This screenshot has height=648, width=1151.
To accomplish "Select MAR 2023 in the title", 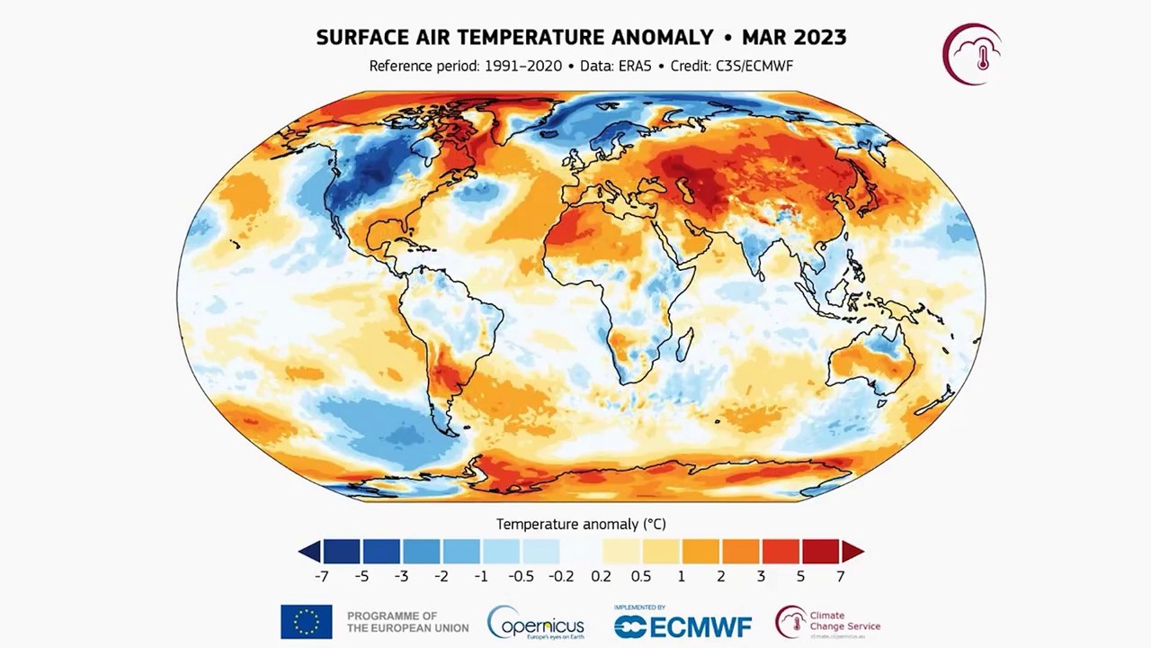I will (794, 38).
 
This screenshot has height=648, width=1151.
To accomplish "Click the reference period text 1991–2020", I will (521, 66).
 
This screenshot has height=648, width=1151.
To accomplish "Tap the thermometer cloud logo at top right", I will (972, 54).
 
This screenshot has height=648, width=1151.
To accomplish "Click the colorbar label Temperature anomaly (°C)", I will (581, 524).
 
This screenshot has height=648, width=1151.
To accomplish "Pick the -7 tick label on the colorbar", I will (322, 576).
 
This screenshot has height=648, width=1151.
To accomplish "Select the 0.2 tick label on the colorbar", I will (601, 576).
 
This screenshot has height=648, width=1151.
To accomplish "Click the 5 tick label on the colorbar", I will (800, 576).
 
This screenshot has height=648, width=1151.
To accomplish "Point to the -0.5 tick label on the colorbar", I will (521, 576).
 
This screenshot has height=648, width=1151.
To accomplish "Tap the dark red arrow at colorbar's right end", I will (852, 552).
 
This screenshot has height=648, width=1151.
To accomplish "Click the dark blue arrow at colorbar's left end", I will (309, 552).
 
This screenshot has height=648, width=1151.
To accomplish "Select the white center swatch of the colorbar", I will (581, 552).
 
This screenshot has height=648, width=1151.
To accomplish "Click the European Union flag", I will (306, 621).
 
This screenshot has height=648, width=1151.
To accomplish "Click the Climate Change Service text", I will (843, 621).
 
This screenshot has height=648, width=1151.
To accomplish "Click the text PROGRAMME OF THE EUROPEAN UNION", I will (407, 621).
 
